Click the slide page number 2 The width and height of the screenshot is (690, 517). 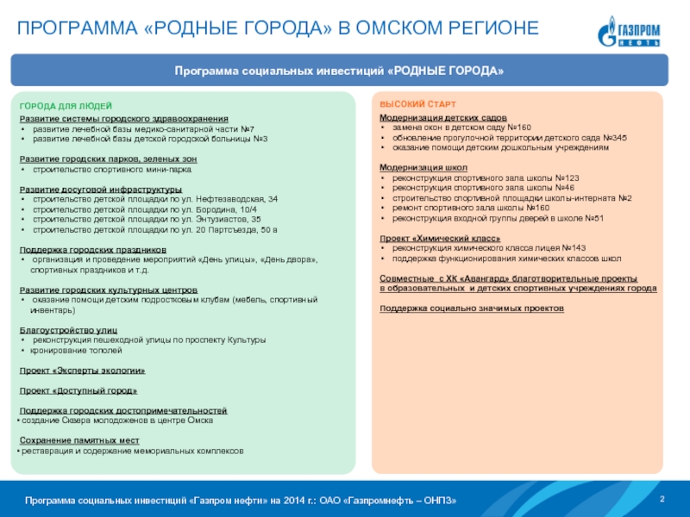pyautogui.click(x=662, y=500)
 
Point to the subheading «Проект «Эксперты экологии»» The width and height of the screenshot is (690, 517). pyautogui.click(x=82, y=370)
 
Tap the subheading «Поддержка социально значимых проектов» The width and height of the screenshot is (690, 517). pyautogui.click(x=472, y=308)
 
